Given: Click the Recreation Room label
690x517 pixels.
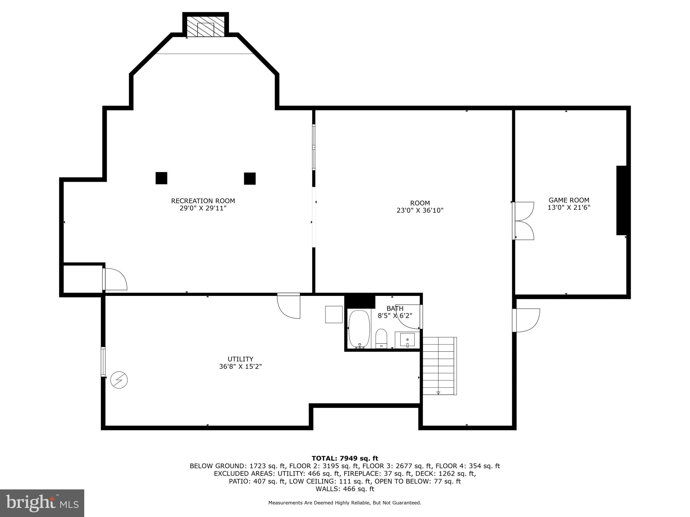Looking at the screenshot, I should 203,201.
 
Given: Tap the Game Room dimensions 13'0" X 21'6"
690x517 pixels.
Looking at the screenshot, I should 569,208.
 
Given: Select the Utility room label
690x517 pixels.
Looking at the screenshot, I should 240,359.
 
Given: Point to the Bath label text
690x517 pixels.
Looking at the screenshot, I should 395,308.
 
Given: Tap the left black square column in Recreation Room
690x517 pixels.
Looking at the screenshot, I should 161,178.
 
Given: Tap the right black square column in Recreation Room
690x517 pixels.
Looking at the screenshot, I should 250,178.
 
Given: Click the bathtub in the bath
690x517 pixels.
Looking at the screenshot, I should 359,329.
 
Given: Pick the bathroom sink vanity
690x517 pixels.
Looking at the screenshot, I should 407,340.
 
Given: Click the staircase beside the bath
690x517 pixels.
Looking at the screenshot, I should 439,366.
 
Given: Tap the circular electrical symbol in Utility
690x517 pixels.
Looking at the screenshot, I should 119,380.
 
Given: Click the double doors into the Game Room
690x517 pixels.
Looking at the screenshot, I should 523,221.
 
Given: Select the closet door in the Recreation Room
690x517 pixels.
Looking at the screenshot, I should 115,279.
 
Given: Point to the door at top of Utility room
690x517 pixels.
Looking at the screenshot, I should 289,306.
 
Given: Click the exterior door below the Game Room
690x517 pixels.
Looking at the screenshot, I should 527,320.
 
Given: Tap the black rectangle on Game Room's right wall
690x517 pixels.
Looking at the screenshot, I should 622,200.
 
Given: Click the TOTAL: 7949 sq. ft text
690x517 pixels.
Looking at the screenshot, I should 345,458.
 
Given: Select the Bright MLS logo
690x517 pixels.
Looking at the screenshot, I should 42,503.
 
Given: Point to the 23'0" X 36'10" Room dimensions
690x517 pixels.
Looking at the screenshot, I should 420,210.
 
